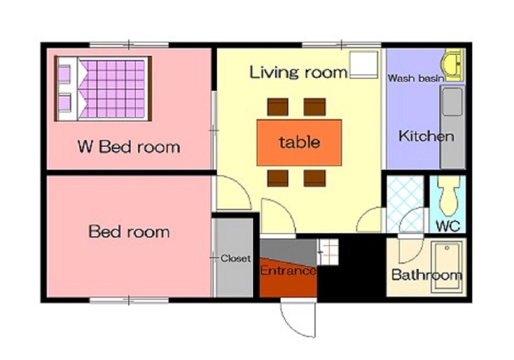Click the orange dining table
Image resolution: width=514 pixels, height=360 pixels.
(299, 142)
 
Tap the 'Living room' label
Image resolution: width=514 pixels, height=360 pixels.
(298, 72)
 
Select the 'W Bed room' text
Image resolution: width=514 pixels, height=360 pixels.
(129, 147)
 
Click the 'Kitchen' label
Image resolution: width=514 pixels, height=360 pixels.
(426, 136)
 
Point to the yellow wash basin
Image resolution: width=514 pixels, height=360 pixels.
(452, 65)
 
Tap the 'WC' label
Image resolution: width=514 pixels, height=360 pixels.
(448, 226)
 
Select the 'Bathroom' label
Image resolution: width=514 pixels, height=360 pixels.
(427, 275)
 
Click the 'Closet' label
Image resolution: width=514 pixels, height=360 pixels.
(235, 259)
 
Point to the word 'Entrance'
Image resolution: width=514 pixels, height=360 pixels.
(288, 271)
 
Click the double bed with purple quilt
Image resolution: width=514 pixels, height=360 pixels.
(103, 89)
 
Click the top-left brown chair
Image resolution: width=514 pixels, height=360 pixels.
(278, 107)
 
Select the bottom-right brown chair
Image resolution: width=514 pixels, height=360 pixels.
(315, 178)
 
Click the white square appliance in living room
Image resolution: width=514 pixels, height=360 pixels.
(363, 65)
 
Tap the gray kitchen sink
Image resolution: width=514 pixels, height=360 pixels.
(452, 102)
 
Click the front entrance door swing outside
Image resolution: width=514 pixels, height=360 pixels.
(298, 318)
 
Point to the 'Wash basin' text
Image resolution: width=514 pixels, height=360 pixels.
(416, 78)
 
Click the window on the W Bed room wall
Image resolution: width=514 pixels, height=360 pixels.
(129, 45)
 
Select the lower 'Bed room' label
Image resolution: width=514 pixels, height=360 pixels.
(129, 232)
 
